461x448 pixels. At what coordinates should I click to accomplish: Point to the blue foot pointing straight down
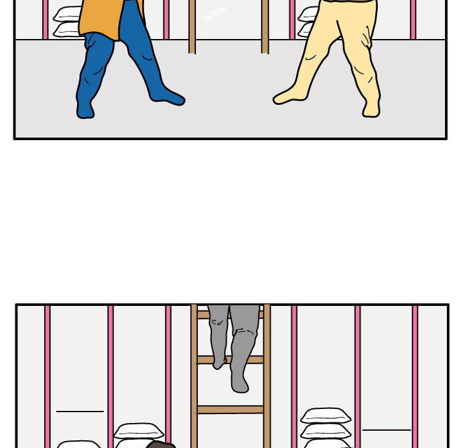pos(85,109)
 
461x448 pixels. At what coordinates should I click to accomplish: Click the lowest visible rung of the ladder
pos(230,409)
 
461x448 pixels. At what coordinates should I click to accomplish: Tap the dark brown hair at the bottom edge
pos(160,444)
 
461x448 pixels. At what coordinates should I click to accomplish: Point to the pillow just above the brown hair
pos(138,431)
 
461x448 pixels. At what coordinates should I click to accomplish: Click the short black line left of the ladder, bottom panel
pos(80,411)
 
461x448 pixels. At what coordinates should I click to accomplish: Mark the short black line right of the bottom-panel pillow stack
pos(386,429)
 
